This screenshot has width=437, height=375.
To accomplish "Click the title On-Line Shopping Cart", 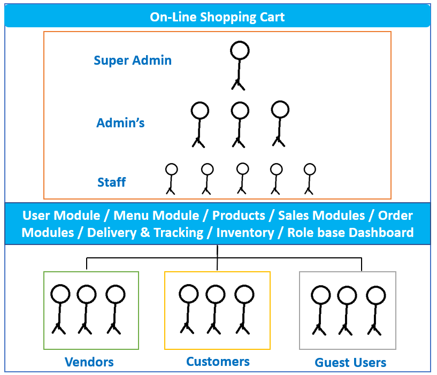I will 217,17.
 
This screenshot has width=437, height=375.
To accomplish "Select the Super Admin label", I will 133,60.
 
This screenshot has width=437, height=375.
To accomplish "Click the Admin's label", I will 120,123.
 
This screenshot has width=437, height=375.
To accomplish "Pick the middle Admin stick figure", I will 240,124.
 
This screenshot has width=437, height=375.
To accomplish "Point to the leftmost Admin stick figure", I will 199,124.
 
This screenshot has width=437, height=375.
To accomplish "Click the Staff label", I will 111,182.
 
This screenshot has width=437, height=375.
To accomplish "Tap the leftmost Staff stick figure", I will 171,178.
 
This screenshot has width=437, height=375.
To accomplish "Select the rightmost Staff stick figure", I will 310,178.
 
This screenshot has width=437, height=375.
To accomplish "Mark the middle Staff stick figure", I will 242,178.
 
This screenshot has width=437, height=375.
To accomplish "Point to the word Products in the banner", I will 239,216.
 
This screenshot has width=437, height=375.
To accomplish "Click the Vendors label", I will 89,362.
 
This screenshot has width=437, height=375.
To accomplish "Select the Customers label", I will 218,362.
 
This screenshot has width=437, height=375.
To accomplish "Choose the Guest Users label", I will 350,363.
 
